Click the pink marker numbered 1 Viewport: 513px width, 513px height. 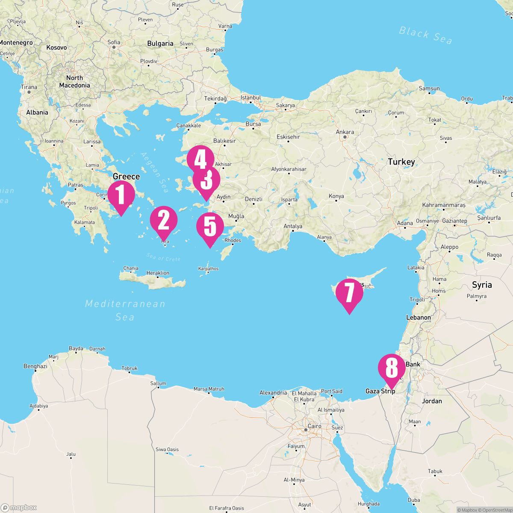121,195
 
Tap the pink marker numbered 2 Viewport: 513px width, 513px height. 163,220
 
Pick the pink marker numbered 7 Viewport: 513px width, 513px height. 349,294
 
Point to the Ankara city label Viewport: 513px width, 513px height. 345,132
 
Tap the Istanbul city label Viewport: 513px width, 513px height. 251,97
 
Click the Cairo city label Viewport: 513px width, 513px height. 314,426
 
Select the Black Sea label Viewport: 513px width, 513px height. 425,35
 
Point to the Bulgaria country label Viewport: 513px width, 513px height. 160,43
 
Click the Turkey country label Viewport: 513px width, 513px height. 401,162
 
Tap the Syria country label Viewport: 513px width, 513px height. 482,285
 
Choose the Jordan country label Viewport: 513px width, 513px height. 432,401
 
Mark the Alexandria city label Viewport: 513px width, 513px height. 273,392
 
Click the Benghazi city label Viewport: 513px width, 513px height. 35,366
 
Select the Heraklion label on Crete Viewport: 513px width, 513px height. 158,273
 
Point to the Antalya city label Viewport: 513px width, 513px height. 293,226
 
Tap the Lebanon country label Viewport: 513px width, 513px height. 419,318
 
